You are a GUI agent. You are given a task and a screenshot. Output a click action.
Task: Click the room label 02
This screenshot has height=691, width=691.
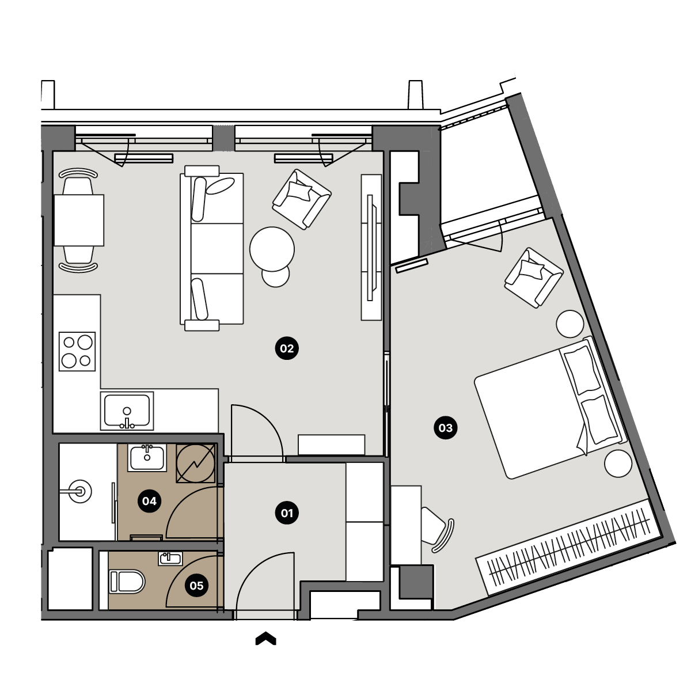click(287, 348)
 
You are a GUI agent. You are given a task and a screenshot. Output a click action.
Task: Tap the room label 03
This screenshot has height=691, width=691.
click(445, 428)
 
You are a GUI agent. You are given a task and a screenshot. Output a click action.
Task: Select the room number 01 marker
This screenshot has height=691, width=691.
click(287, 513)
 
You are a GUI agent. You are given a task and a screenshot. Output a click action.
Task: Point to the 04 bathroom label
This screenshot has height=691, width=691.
click(149, 501)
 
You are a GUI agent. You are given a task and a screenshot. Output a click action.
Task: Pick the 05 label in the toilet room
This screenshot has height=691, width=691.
click(196, 586)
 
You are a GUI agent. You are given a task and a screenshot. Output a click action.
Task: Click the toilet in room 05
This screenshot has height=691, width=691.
click(127, 582)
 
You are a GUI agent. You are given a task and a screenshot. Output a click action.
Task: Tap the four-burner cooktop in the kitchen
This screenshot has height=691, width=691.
click(77, 351)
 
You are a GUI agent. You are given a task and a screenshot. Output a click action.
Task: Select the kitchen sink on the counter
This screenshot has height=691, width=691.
click(127, 411)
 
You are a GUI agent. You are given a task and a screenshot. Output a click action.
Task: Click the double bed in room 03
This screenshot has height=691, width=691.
click(550, 408)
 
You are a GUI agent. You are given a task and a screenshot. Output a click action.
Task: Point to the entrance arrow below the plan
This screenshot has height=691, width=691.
click(265, 639)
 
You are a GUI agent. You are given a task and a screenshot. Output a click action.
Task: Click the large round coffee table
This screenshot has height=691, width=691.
click(272, 249)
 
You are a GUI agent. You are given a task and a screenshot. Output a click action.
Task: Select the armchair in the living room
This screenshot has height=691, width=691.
click(302, 199)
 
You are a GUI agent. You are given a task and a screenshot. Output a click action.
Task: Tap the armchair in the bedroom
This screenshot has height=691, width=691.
click(534, 278)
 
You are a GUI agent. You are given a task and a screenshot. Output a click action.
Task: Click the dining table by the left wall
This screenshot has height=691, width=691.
click(79, 220)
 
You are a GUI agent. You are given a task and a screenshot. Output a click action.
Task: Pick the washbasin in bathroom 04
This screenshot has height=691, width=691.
click(147, 457)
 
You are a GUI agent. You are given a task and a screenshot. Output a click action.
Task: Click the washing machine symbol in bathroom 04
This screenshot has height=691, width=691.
click(195, 463)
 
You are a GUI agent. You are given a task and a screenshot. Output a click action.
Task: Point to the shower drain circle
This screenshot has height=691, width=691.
click(79, 491)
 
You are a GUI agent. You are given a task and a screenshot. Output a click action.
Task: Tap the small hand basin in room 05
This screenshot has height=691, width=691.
click(170, 559)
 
